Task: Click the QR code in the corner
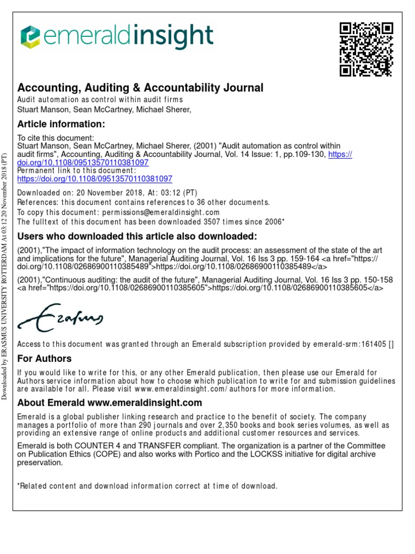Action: [366, 49]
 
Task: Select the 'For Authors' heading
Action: [44, 359]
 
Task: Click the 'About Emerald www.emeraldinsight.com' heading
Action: [110, 403]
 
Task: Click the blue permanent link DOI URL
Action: [95, 178]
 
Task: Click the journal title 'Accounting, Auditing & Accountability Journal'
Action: [140, 88]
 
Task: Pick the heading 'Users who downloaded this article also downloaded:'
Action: [137, 236]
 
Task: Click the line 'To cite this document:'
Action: [56, 137]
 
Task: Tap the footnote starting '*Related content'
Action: [148, 486]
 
